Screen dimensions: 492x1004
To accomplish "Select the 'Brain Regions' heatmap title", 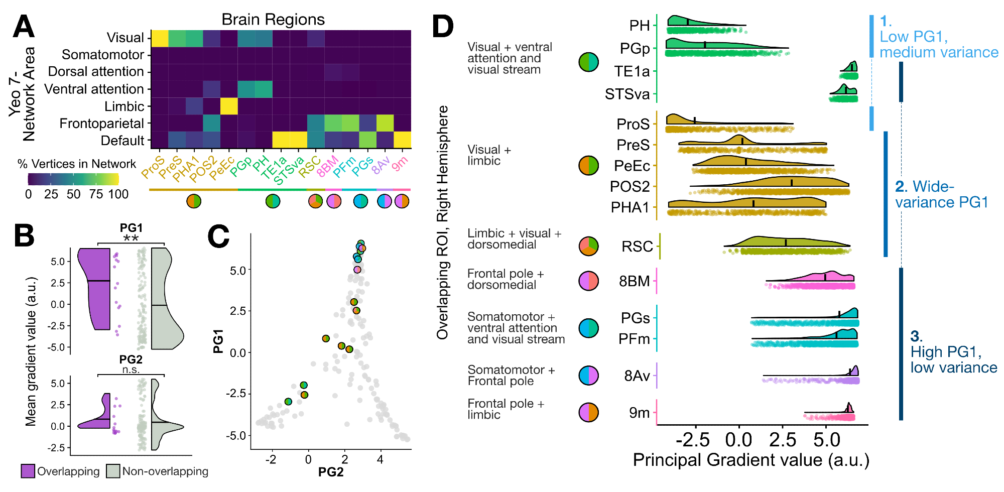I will click(273, 20).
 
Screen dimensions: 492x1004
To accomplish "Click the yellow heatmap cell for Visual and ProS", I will click(160, 38).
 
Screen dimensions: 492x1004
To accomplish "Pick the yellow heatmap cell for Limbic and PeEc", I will click(229, 106).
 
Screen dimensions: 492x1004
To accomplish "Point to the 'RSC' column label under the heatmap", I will click(309, 166).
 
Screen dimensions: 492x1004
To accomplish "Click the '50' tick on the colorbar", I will click(73, 194).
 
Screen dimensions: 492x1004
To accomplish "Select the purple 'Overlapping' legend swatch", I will click(28, 471).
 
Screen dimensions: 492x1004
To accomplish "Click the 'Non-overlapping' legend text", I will click(165, 471).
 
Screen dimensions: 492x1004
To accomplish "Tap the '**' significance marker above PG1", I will click(131, 238).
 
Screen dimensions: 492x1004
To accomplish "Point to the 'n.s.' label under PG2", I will click(131, 370).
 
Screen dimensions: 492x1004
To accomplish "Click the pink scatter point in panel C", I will click(357, 270).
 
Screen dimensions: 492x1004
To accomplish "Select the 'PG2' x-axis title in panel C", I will click(331, 472).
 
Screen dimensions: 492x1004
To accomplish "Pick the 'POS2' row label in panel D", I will click(630, 187).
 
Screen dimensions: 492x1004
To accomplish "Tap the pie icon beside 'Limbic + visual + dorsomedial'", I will click(588, 246).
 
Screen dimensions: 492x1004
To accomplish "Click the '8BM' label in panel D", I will click(634, 281).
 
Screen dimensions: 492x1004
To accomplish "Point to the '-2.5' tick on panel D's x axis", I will click(693, 440).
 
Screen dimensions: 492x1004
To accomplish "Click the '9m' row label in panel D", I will click(639, 413).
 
